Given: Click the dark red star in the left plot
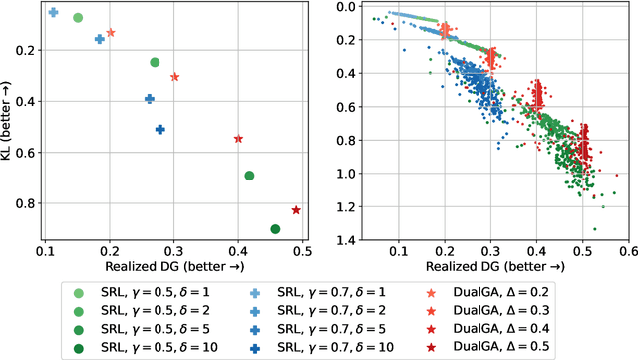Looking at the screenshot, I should click(296, 210).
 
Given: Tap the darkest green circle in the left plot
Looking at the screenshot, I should click(275, 229).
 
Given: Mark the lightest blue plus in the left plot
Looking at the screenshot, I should click(53, 13).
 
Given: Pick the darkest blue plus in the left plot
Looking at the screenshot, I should click(159, 130).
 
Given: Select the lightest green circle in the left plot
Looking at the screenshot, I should click(78, 18).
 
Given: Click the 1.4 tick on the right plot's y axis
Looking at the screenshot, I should click(345, 240).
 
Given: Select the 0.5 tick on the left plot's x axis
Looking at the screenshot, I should click(302, 249).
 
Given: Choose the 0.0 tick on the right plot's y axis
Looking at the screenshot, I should click(345, 7).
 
